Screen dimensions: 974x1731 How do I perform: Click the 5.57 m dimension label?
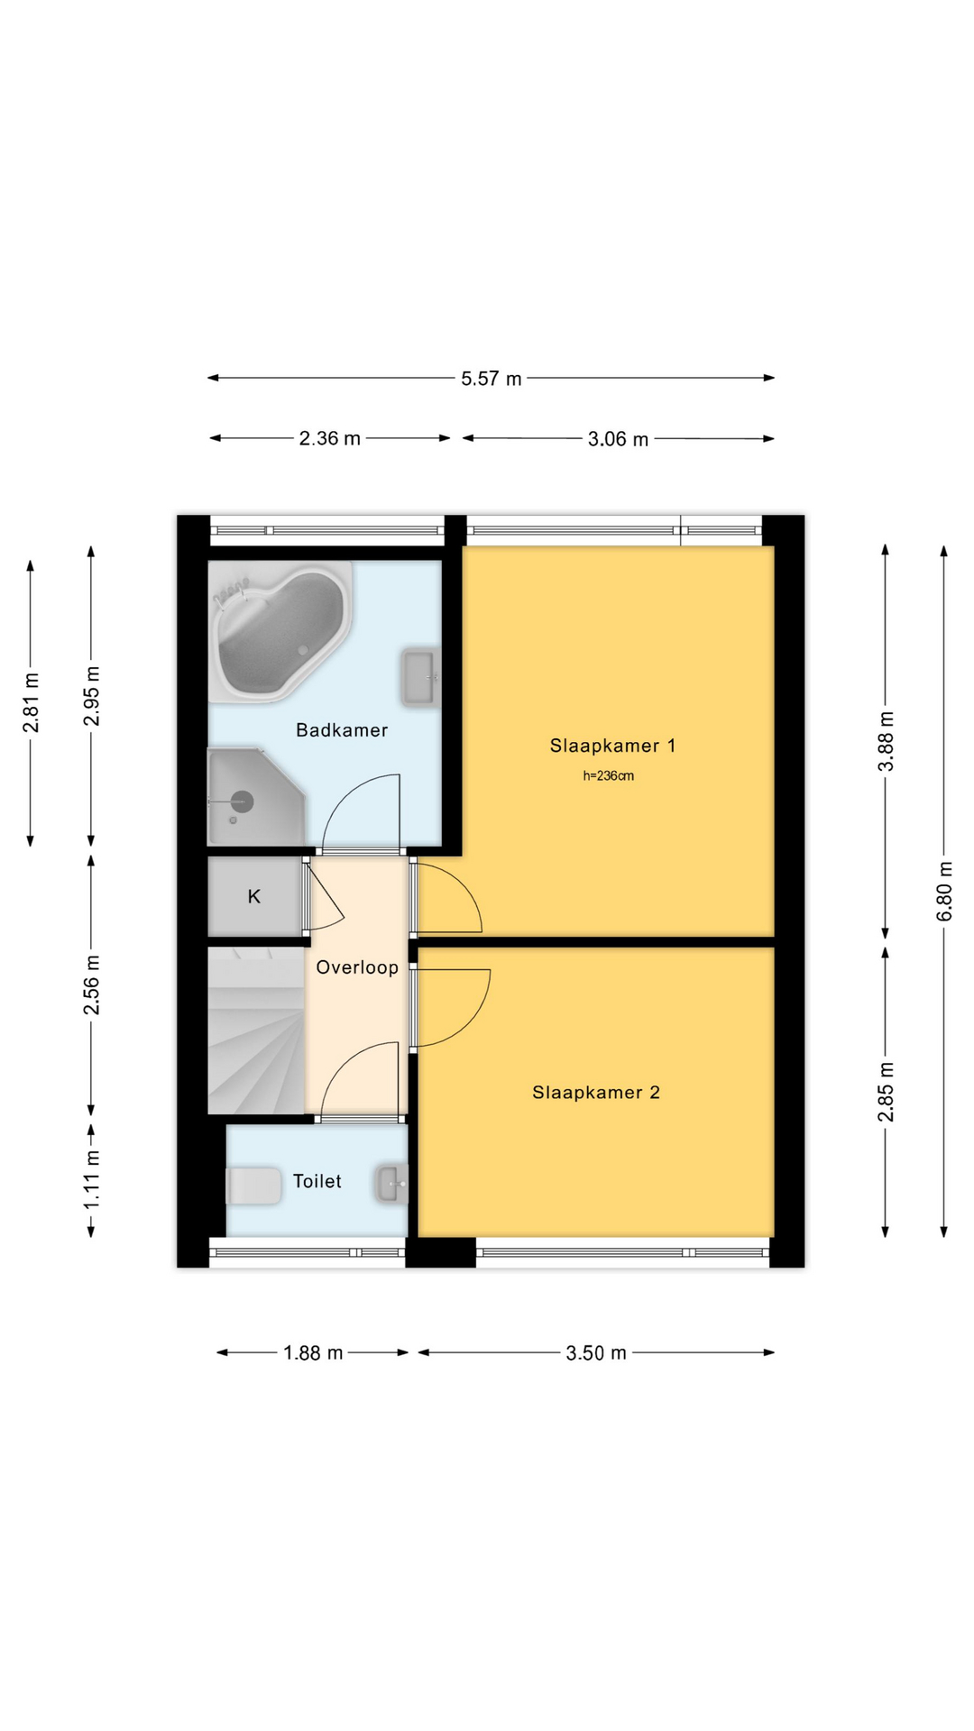pos(492,379)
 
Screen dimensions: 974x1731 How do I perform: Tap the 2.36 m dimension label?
pos(330,438)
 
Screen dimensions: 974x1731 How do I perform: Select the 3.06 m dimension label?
pos(619,439)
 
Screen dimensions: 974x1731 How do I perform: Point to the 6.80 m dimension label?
pos(944,891)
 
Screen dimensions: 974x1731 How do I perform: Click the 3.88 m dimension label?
pos(887,741)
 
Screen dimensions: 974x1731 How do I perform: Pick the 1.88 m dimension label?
pos(313,1352)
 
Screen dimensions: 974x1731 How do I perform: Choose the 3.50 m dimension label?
pos(596,1352)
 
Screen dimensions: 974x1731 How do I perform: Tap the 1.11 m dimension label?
pos(92,1181)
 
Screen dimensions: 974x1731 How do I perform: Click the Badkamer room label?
pos(342,730)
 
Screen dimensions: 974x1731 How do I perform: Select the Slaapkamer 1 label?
pos(612,746)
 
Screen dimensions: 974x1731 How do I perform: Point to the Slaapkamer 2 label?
pos(596,1093)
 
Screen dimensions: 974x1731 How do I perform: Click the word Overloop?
pos(357,967)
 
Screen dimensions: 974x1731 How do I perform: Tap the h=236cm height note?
pos(609,775)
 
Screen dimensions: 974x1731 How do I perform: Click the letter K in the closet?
pos(254,896)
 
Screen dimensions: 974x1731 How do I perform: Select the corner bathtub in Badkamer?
pos(280,631)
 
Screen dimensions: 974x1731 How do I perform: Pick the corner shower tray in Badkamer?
pos(256,796)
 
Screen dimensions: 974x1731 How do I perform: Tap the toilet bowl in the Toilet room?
pos(253,1186)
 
